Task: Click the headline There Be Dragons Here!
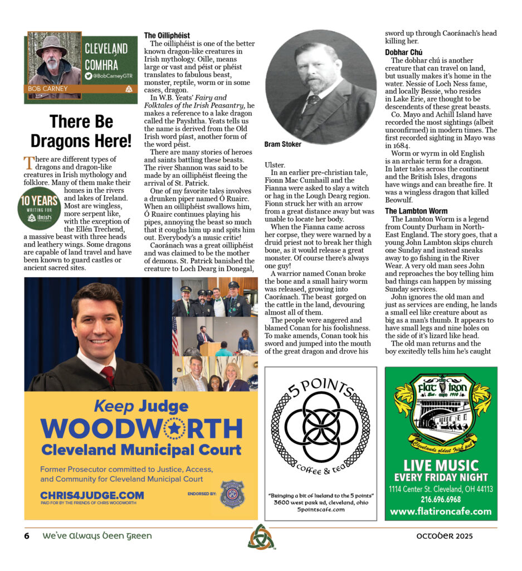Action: (x=81, y=131)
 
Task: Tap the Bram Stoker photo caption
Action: (x=283, y=144)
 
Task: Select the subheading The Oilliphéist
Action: (x=167, y=36)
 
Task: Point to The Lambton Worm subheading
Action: (x=416, y=211)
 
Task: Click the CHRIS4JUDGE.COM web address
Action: (x=92, y=495)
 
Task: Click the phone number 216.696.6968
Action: (x=441, y=499)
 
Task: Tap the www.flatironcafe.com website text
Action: (x=441, y=511)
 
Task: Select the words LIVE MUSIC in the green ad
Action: (x=441, y=466)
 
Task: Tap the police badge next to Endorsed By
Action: (x=232, y=493)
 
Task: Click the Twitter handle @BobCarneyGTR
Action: (x=108, y=75)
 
